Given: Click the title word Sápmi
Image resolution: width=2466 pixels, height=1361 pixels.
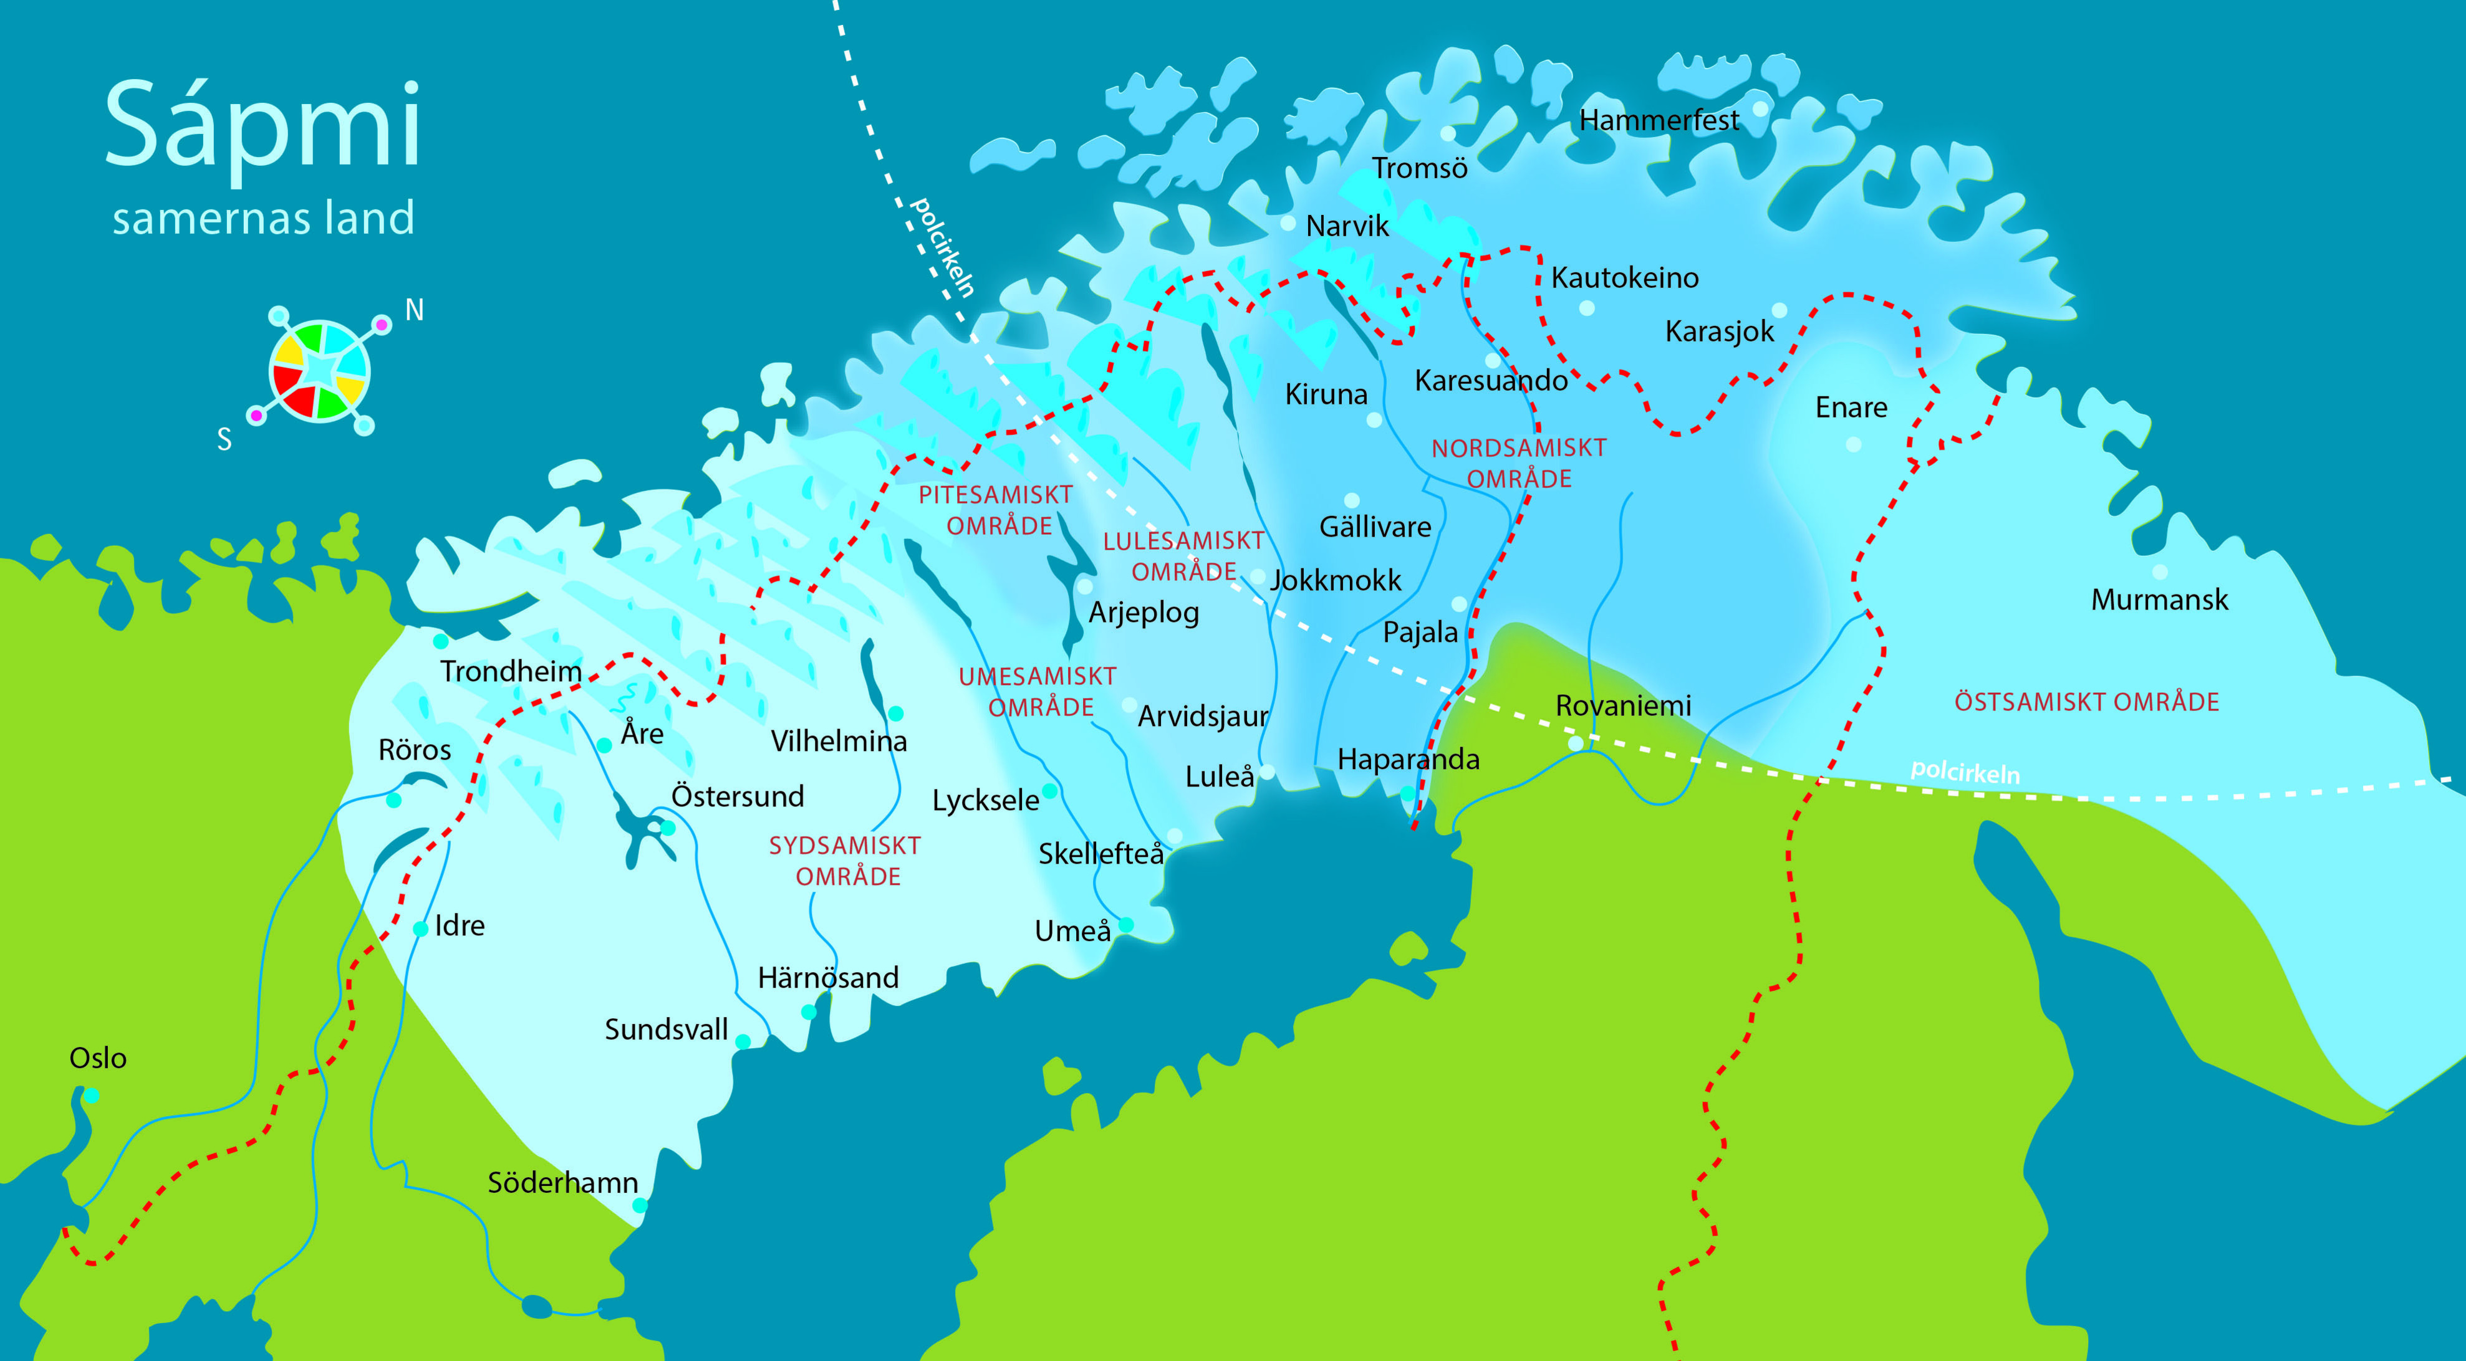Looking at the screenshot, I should (262, 127).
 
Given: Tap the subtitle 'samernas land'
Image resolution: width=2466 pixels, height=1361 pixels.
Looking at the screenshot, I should (263, 218).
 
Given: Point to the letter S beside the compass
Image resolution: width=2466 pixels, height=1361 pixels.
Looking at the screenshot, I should (224, 439).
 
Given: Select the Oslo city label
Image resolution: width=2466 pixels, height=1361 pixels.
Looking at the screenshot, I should (98, 1058).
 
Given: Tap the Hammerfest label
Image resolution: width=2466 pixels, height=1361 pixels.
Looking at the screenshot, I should (1659, 121).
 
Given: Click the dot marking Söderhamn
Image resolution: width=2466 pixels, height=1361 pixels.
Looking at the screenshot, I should (640, 1205).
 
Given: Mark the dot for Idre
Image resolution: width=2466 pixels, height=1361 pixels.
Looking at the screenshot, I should (420, 929).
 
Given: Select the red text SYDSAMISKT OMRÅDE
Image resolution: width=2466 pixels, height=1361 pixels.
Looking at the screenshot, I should (845, 861).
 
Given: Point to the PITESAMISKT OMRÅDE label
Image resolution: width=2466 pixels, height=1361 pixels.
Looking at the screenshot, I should (996, 510).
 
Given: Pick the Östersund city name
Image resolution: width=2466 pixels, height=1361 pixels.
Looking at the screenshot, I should (737, 796).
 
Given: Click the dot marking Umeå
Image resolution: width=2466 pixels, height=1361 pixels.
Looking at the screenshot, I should (1126, 925).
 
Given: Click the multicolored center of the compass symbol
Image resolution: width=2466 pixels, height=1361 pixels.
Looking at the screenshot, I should (320, 370).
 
